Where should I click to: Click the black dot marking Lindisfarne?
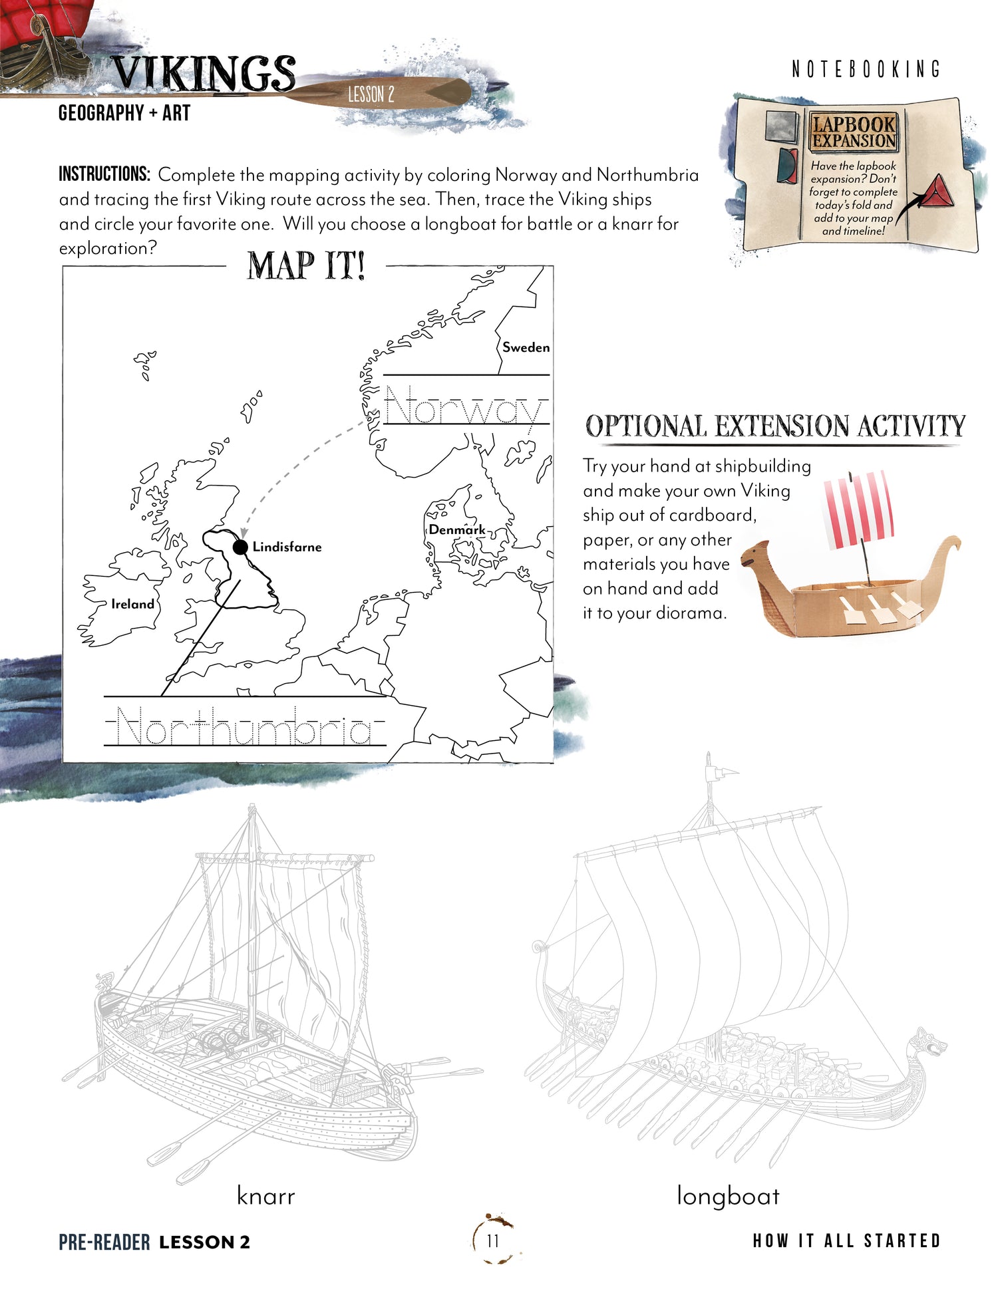240,547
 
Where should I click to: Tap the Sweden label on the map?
526,347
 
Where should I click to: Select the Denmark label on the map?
456,529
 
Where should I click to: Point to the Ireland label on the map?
132,604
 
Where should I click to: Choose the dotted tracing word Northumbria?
245,728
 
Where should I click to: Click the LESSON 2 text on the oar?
371,94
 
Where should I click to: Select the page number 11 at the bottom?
493,1240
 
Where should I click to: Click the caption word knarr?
265,1196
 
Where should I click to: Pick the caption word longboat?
728,1196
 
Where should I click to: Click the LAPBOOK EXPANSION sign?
854,132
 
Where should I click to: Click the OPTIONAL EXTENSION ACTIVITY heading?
775,426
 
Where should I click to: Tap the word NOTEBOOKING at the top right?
866,69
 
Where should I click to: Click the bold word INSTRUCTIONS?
104,175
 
